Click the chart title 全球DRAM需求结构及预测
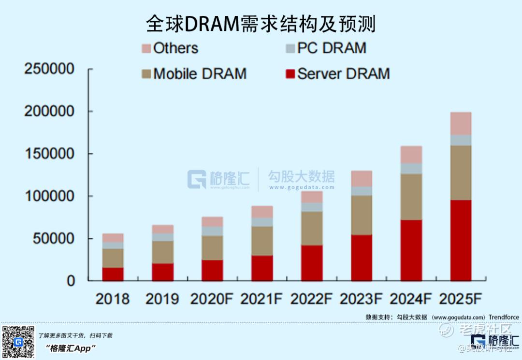pyautogui.click(x=261, y=24)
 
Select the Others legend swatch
pyautogui.click(x=146, y=48)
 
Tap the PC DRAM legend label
pyautogui.click(x=332, y=48)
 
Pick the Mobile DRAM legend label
pyautogui.click(x=200, y=74)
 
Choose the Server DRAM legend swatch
pyautogui.click(x=290, y=74)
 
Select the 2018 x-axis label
pyautogui.click(x=113, y=299)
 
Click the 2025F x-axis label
pyautogui.click(x=461, y=299)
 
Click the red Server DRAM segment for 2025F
pyautogui.click(x=461, y=240)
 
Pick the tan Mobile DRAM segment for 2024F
pyautogui.click(x=411, y=197)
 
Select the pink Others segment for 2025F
pyautogui.click(x=461, y=123)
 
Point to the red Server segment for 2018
pyautogui.click(x=113, y=274)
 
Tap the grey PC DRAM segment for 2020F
pyautogui.click(x=212, y=231)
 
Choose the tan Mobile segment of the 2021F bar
pyautogui.click(x=262, y=241)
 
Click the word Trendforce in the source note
pyautogui.click(x=504, y=317)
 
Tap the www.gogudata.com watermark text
pyautogui.click(x=302, y=187)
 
